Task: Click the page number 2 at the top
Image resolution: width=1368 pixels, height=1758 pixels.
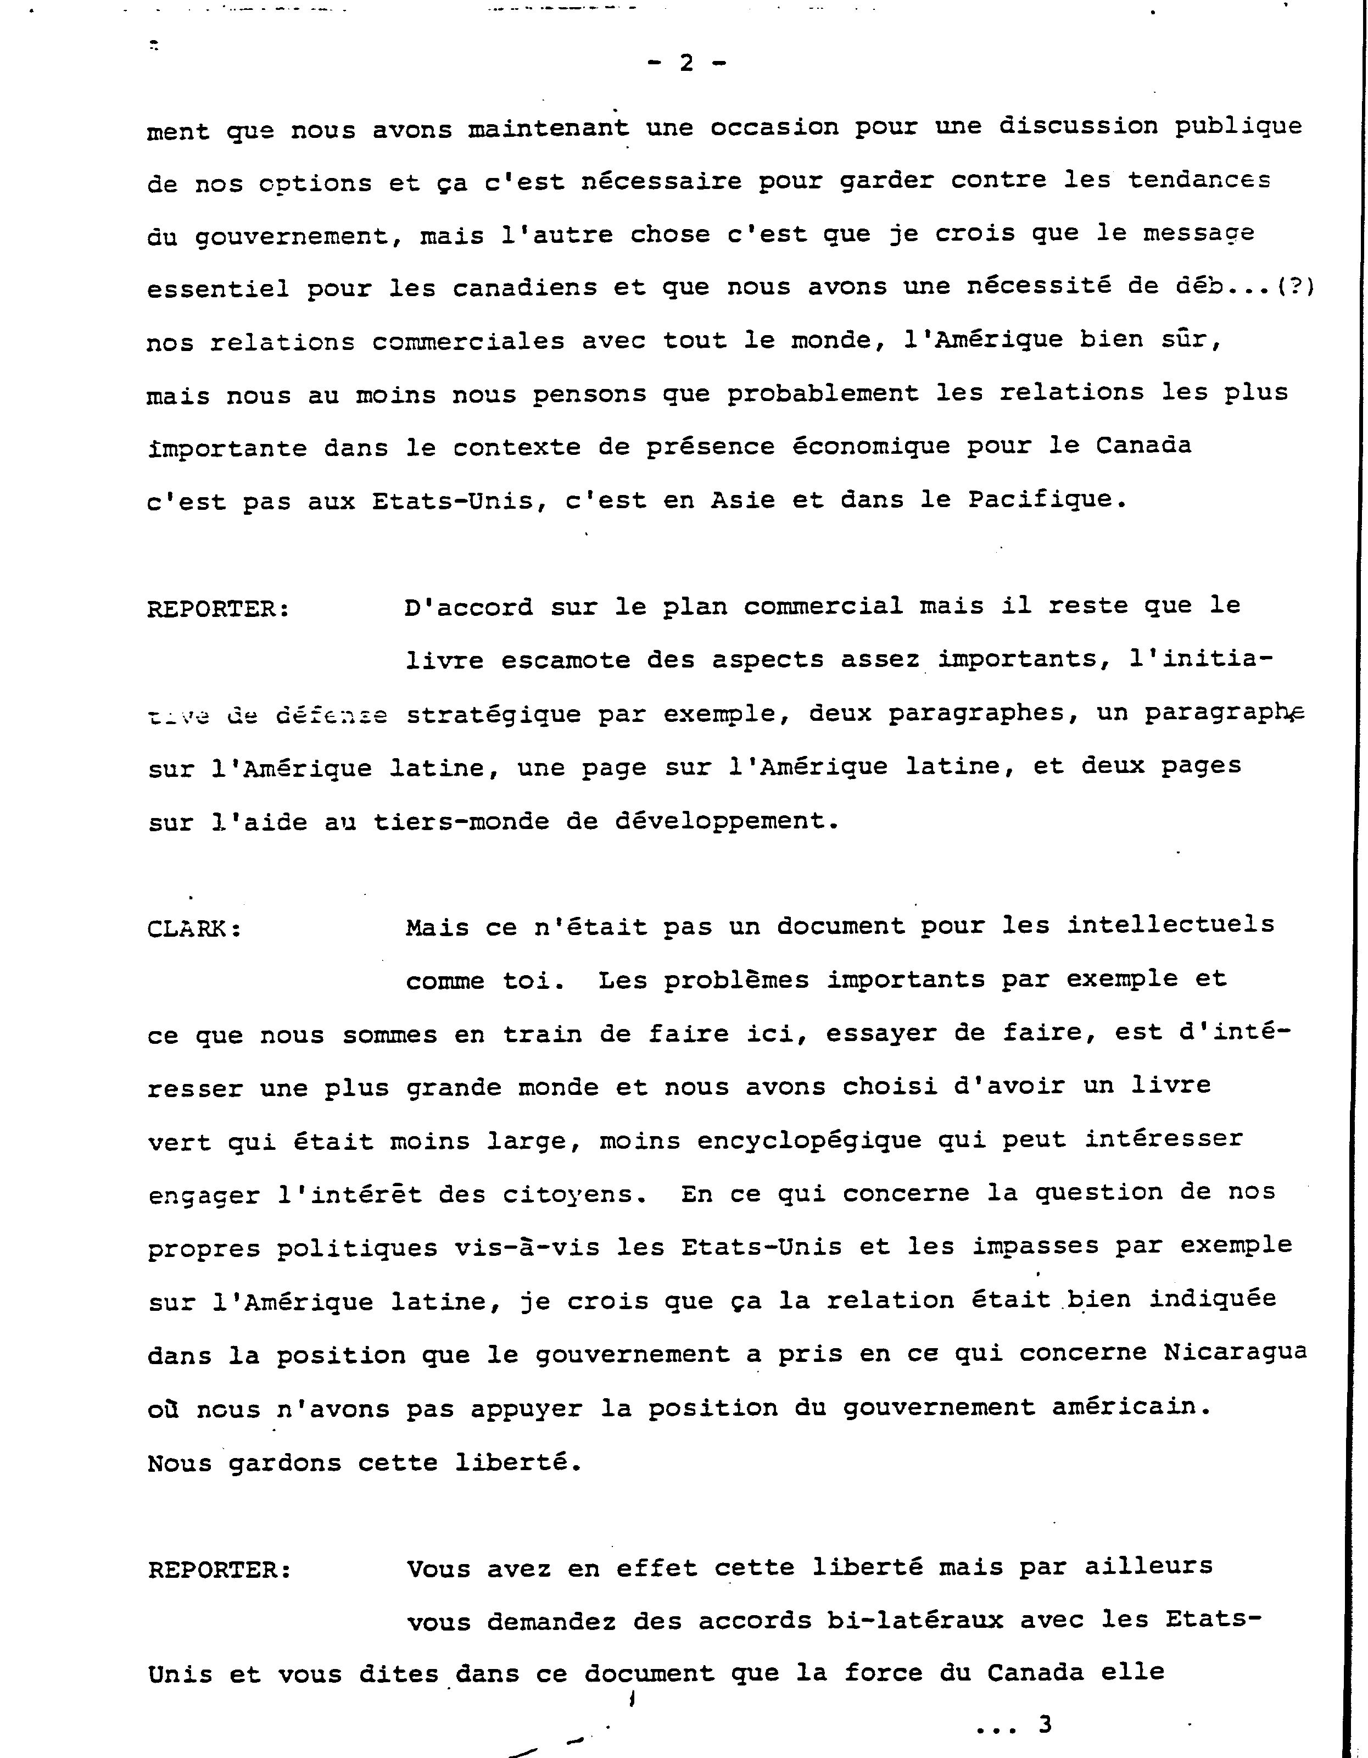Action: [685, 63]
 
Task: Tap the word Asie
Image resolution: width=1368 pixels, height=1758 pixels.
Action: [742, 500]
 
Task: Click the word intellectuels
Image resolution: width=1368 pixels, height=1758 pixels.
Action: [1171, 925]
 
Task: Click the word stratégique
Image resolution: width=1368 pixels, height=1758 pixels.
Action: [493, 715]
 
